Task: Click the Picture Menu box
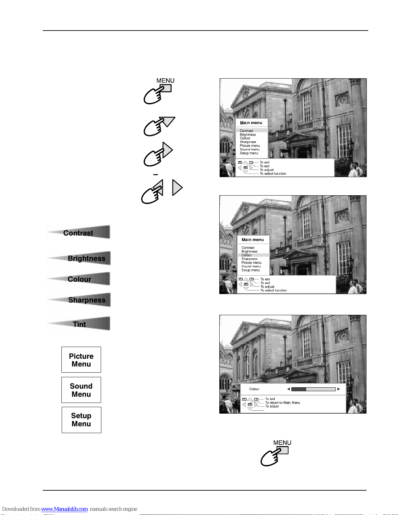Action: [81, 360]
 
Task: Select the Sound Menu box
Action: [81, 390]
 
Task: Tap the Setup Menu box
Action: [81, 420]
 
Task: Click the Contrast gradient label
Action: [78, 233]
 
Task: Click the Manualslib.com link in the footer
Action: [64, 509]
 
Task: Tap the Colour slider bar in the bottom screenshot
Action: [313, 389]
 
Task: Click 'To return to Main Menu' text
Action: [282, 403]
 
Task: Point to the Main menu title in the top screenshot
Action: [251, 123]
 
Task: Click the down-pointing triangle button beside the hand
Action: [167, 121]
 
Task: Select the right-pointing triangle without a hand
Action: [177, 187]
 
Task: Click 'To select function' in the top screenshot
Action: [273, 174]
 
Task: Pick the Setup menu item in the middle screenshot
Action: [250, 270]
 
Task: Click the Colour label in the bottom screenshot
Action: [254, 389]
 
